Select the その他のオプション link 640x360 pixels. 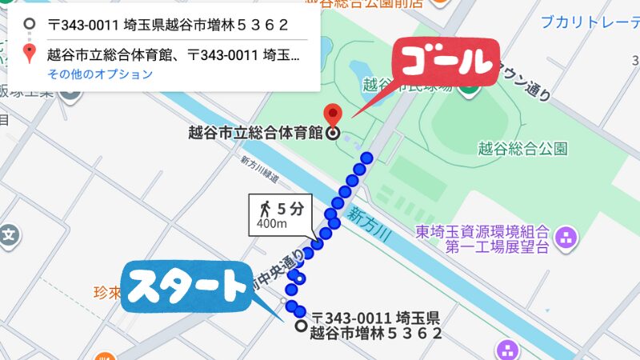point(99,74)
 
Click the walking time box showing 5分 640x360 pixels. point(281,214)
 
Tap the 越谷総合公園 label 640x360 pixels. point(522,148)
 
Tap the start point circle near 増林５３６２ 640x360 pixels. point(300,326)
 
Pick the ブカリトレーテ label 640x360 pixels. point(589,22)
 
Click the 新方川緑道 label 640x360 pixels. point(259,168)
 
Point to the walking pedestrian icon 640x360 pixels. point(265,210)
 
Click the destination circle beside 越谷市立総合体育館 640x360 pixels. point(333,134)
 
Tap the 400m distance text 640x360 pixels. point(272,224)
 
